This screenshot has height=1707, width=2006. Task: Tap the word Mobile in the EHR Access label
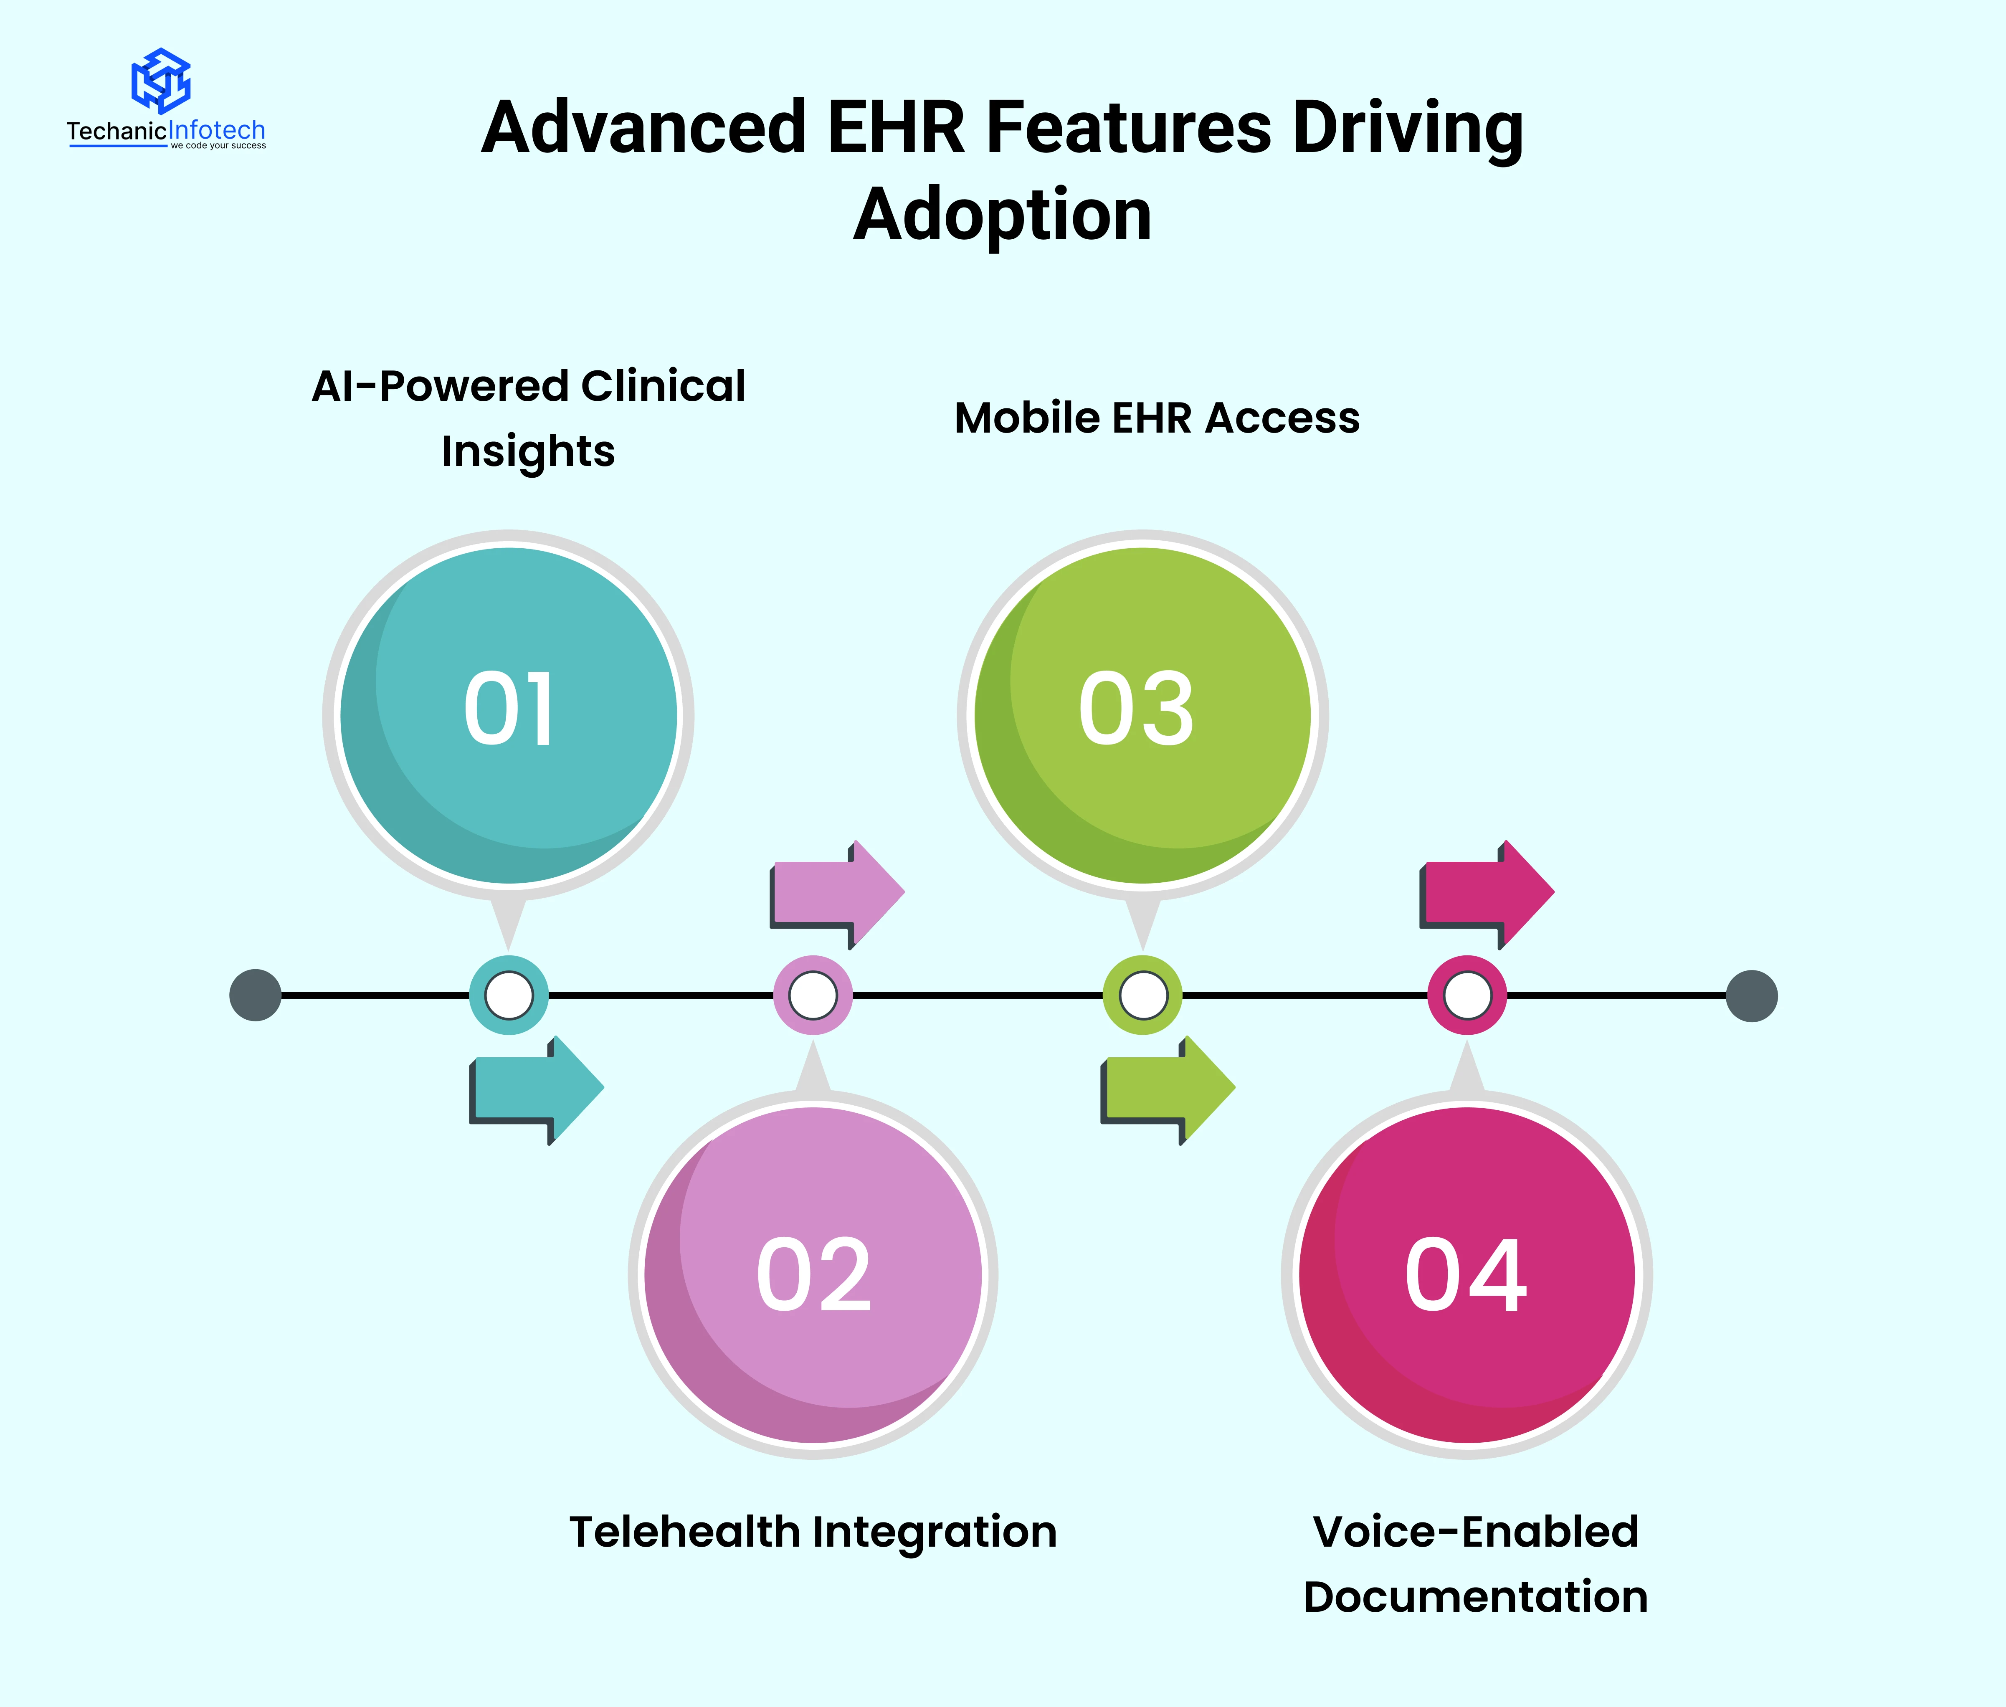click(x=1027, y=418)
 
